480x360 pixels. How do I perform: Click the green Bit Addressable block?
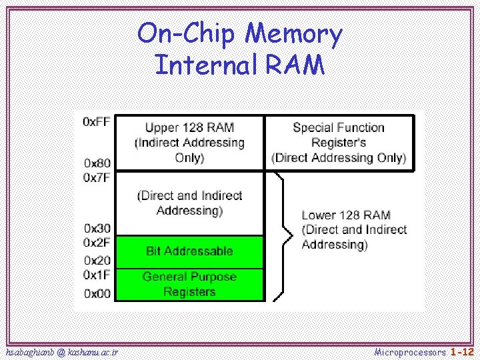coord(189,251)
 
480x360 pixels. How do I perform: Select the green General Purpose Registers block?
coord(189,285)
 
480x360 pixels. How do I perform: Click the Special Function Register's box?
coord(339,142)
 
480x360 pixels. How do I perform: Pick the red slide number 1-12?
coord(462,351)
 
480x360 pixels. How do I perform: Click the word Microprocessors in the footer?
coord(410,351)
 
